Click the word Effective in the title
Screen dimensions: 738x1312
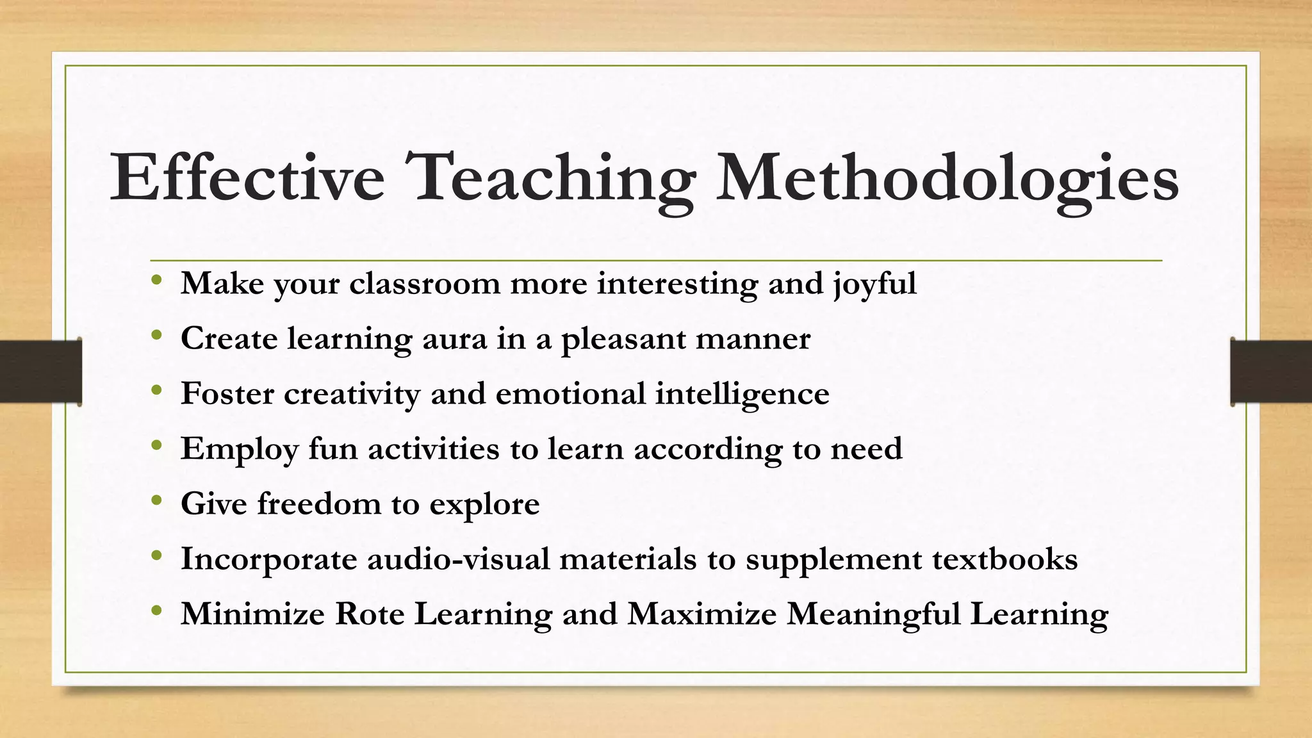247,177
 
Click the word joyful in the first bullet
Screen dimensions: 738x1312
875,284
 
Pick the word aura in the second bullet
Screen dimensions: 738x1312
454,339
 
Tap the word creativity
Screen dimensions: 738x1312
352,394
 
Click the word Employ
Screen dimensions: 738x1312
239,450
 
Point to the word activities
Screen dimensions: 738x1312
433,448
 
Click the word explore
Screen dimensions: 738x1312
484,505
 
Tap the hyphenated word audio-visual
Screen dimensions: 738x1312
458,559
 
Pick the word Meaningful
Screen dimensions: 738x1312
873,615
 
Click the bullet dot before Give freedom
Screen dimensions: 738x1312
157,501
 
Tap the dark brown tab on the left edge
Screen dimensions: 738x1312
40,372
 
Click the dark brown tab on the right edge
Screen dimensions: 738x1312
1271,372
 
